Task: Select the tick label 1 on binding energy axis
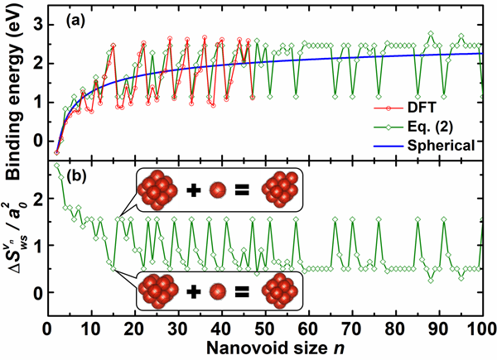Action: (x=36, y=102)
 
